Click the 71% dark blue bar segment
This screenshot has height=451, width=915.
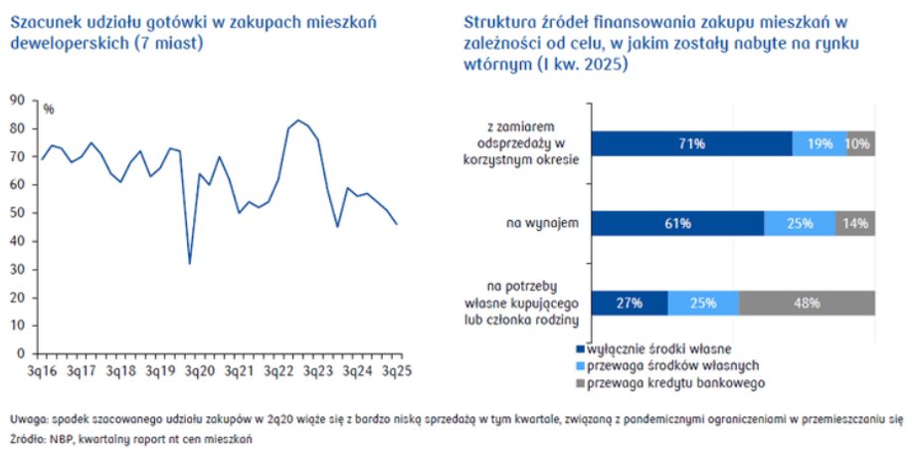pyautogui.click(x=692, y=143)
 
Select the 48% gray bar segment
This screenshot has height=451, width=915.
pyautogui.click(x=807, y=303)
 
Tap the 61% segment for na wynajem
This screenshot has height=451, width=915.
pyautogui.click(x=677, y=224)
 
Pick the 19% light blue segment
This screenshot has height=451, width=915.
pyautogui.click(x=820, y=143)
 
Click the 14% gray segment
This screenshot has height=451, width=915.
pyautogui.click(x=855, y=224)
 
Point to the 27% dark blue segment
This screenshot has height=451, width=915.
pyautogui.click(x=629, y=303)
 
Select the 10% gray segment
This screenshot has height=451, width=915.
pyautogui.click(x=861, y=143)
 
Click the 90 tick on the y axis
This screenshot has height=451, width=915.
pyautogui.click(x=17, y=100)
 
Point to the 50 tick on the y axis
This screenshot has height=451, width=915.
pyautogui.click(x=17, y=212)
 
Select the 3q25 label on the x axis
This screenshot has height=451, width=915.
pyautogui.click(x=398, y=370)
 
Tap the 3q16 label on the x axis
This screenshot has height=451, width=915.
pyautogui.click(x=41, y=370)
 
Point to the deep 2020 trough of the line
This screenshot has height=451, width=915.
pyautogui.click(x=189, y=263)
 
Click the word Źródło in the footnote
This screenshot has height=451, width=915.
pyautogui.click(x=27, y=438)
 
